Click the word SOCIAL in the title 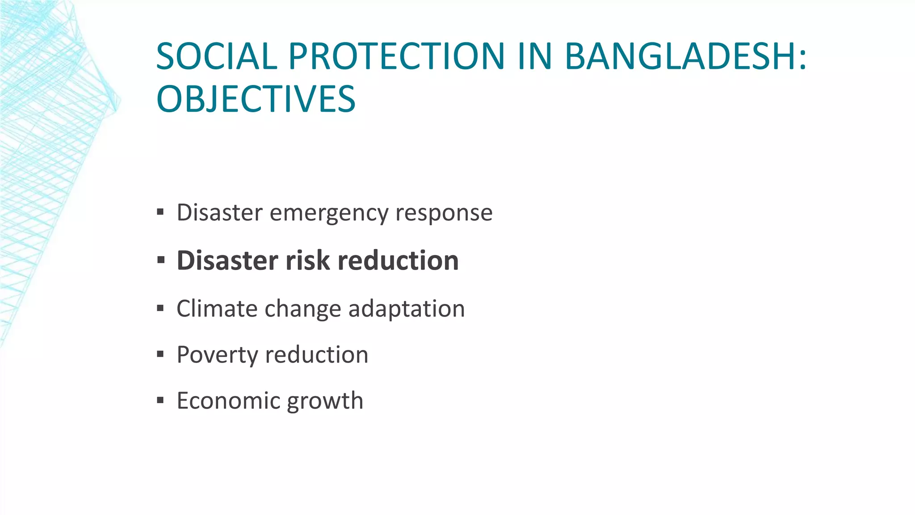tap(217, 56)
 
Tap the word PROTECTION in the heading tap(396, 56)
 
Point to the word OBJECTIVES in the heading tap(256, 99)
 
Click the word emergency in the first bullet tap(329, 213)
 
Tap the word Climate tap(217, 308)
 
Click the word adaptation tap(406, 308)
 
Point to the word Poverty tap(217, 355)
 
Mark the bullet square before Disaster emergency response tap(161, 211)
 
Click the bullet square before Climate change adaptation tap(161, 308)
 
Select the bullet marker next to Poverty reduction tap(161, 354)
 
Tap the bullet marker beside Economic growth tap(161, 400)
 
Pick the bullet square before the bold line tap(161, 260)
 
